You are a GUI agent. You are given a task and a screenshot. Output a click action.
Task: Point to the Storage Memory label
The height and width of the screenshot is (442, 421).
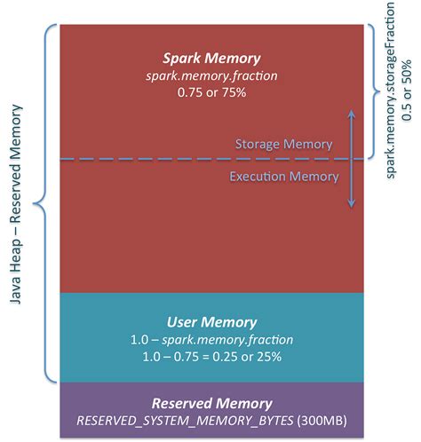pyautogui.click(x=283, y=144)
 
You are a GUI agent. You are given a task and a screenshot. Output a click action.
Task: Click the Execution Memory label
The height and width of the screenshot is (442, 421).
pyautogui.click(x=284, y=177)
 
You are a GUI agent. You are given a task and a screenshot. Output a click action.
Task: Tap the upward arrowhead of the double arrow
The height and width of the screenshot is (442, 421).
pyautogui.click(x=352, y=114)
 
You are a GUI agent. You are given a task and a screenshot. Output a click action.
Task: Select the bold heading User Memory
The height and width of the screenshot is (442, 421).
pyautogui.click(x=211, y=321)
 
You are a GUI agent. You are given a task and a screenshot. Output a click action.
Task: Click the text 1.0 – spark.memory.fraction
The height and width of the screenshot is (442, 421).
pyautogui.click(x=211, y=338)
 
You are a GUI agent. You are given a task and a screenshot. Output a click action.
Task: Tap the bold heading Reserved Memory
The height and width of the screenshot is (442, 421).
pyautogui.click(x=211, y=402)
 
